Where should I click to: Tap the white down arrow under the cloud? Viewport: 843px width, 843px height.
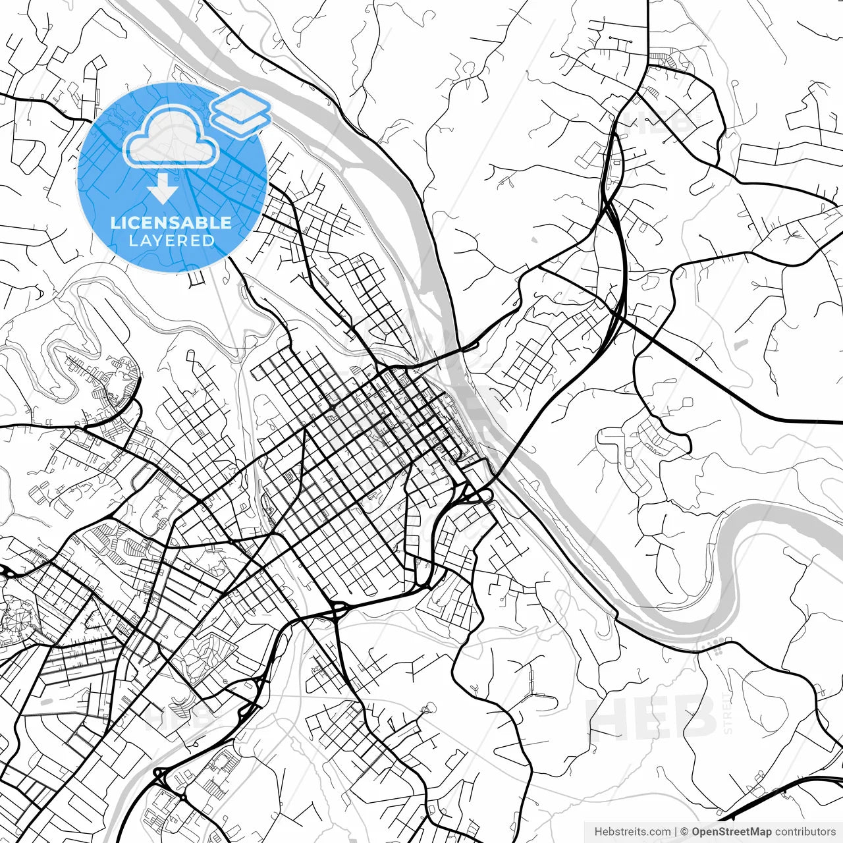pyautogui.click(x=162, y=190)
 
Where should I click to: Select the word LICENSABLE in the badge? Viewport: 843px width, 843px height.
pyautogui.click(x=171, y=223)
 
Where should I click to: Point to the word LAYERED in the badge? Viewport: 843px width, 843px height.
pyautogui.click(x=171, y=240)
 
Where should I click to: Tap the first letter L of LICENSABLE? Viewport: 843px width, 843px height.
pyautogui.click(x=115, y=223)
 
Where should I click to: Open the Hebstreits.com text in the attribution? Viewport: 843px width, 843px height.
pyautogui.click(x=632, y=832)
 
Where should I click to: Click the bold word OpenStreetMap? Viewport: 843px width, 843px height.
pyautogui.click(x=731, y=832)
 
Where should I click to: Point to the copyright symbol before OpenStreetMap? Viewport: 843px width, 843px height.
pyautogui.click(x=685, y=832)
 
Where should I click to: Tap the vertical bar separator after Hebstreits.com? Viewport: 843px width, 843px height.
pyautogui.click(x=676, y=832)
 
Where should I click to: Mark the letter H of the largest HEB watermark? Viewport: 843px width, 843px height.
pyautogui.click(x=607, y=717)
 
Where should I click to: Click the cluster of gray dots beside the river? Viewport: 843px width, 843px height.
pyautogui.click(x=717, y=646)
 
